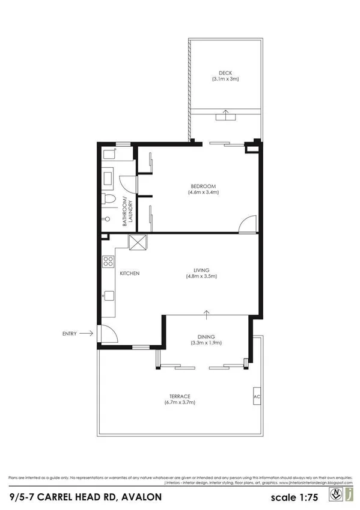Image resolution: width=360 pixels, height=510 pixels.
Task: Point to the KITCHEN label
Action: [130, 273]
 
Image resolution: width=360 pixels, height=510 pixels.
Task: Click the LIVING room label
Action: [201, 269]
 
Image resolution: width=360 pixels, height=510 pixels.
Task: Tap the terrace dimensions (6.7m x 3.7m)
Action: [180, 402]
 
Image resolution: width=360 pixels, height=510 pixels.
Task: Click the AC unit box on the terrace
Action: [257, 398]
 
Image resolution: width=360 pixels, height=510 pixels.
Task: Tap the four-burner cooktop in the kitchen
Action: [109, 261]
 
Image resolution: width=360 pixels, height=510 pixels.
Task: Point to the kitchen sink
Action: [109, 295]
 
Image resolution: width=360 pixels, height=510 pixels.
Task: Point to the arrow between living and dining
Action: [207, 313]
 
